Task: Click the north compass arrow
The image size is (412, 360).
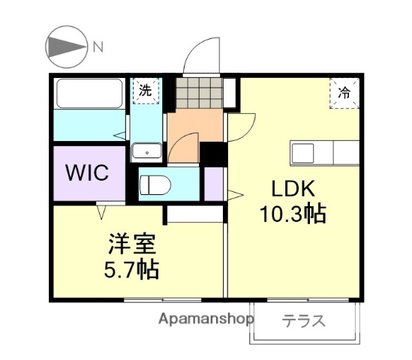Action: click(x=67, y=47)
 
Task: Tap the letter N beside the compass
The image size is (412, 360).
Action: click(x=98, y=47)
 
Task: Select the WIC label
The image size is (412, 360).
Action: click(x=89, y=172)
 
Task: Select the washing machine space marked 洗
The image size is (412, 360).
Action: click(x=146, y=90)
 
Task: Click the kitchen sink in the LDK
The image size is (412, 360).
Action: click(x=306, y=154)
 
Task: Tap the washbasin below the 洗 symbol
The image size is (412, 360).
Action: click(x=146, y=151)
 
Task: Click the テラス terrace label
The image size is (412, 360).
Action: click(x=303, y=322)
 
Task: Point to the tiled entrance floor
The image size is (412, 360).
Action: click(x=199, y=94)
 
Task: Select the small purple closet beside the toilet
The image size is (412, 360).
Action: click(x=214, y=184)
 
